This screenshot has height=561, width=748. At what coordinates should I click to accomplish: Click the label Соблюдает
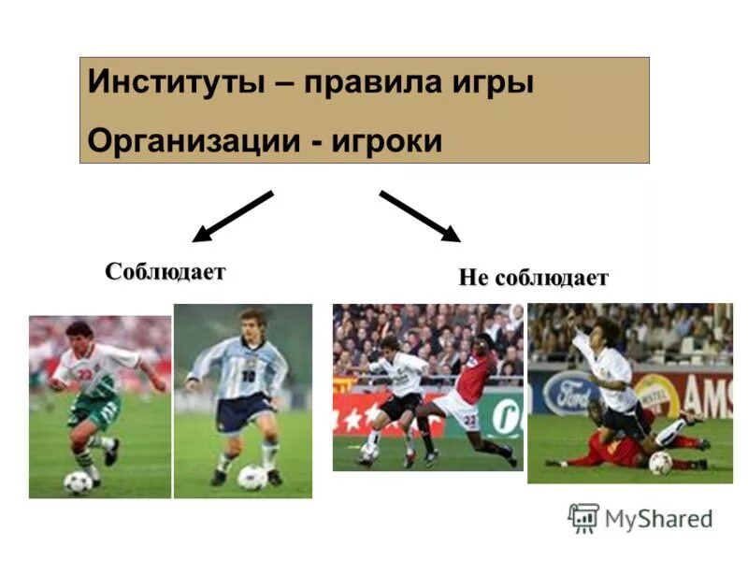coord(165,272)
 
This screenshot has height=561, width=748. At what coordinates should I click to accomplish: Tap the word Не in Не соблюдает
coord(473,278)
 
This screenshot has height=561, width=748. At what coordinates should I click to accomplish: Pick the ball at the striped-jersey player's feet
coord(252,477)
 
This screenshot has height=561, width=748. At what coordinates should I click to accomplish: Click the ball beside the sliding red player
coord(660,463)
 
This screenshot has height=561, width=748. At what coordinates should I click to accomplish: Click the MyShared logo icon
coord(583,518)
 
